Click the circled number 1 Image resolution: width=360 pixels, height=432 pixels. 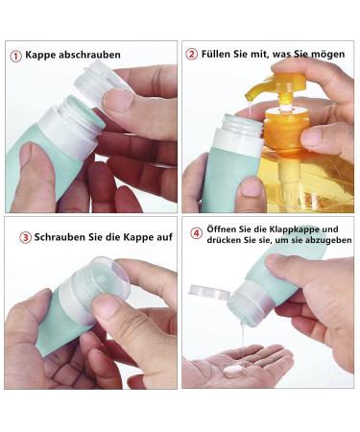pyautogui.click(x=15, y=56)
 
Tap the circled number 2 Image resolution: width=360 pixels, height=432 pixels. pyautogui.click(x=192, y=54)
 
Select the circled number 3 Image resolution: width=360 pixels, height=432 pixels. pyautogui.click(x=25, y=238)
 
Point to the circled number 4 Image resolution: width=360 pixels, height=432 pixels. pyautogui.click(x=197, y=233)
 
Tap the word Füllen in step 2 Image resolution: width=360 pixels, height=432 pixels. pyautogui.click(x=215, y=54)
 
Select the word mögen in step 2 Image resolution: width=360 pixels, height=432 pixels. pyautogui.click(x=328, y=54)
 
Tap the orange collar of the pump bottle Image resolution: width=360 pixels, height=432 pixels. pyautogui.click(x=286, y=128)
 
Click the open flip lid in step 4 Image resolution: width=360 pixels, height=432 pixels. pyautogui.click(x=209, y=292)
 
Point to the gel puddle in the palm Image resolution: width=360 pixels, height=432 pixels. pyautogui.click(x=235, y=371)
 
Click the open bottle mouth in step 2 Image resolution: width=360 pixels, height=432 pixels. pyautogui.click(x=243, y=123)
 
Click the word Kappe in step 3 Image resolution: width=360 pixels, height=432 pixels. pyautogui.click(x=138, y=238)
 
